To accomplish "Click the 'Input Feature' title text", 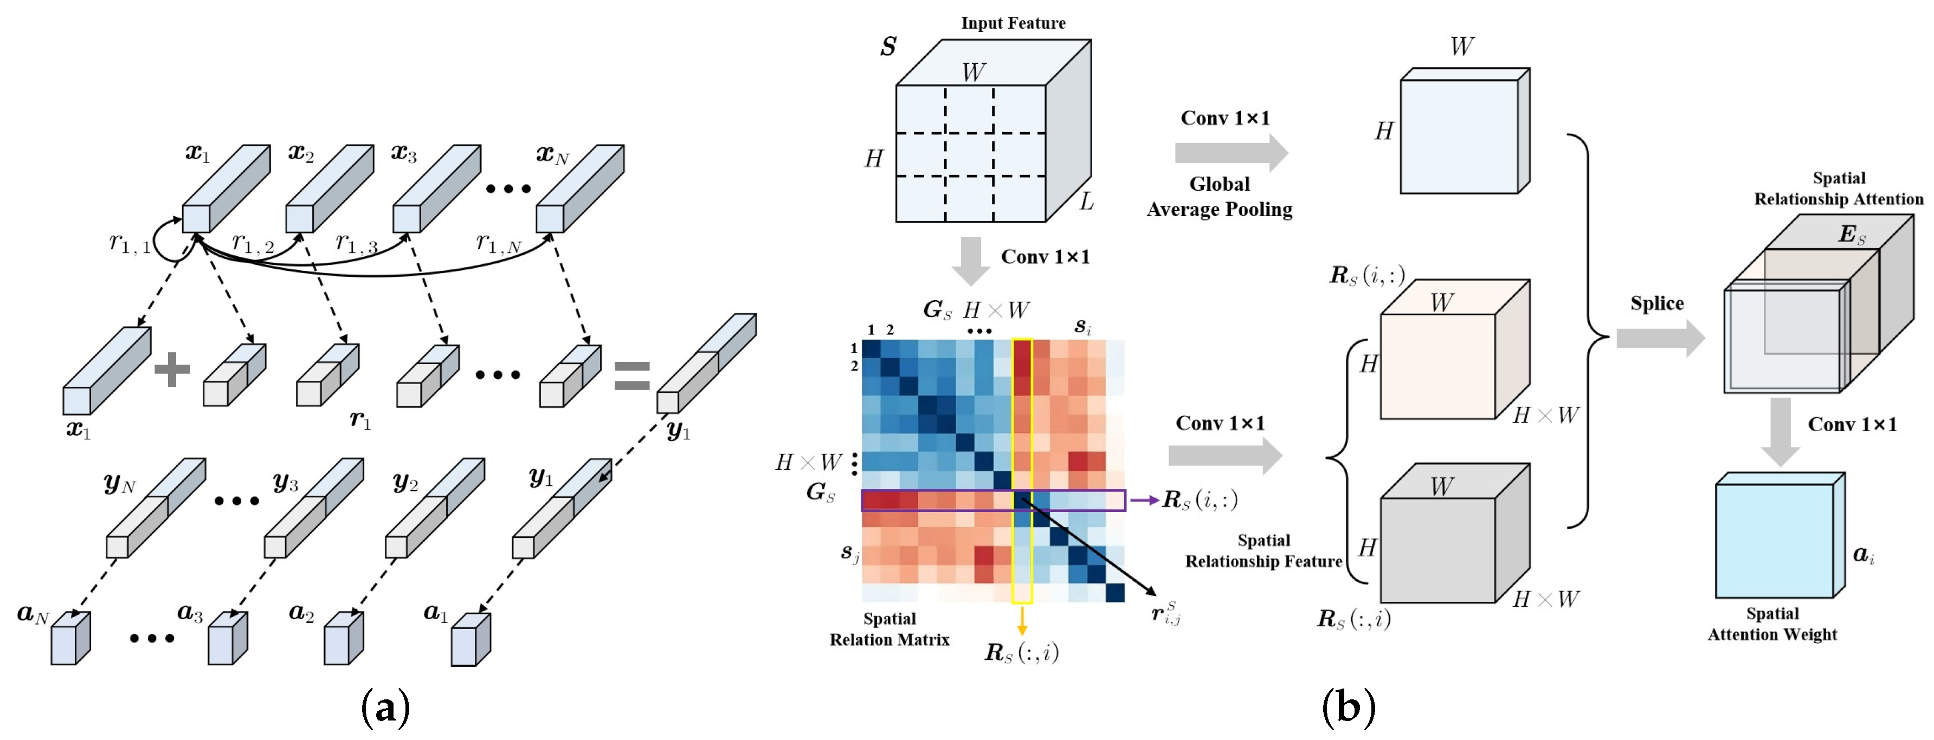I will [1013, 23].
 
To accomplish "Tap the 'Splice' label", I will [1656, 303].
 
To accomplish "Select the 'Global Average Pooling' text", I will [1219, 197].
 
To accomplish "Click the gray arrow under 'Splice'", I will [1659, 339].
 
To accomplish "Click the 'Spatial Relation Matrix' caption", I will [889, 629].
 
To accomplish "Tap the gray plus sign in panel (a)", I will [172, 369].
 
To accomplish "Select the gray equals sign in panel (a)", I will [631, 375].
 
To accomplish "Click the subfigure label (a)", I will [385, 707].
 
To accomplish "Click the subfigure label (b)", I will [1349, 707].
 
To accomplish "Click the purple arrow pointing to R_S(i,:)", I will [1144, 500].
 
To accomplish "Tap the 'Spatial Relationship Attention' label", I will [1838, 189].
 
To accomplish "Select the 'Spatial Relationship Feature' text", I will [1263, 551].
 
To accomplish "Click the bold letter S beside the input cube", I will [888, 47].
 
